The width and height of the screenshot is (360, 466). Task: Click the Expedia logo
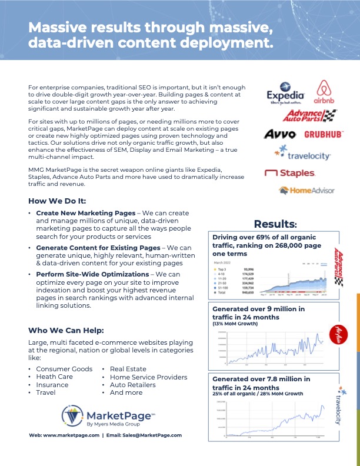[x=285, y=94]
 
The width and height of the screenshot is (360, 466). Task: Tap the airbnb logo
[x=325, y=92]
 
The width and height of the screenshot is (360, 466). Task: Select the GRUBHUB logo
[x=323, y=134]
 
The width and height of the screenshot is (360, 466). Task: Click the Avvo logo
[x=279, y=134]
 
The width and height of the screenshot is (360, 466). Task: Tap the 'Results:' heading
[x=275, y=224]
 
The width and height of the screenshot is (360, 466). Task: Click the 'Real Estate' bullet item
[x=128, y=369]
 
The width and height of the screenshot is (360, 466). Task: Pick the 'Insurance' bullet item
[x=52, y=385]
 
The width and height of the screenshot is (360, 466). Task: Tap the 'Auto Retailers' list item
[x=132, y=385]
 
